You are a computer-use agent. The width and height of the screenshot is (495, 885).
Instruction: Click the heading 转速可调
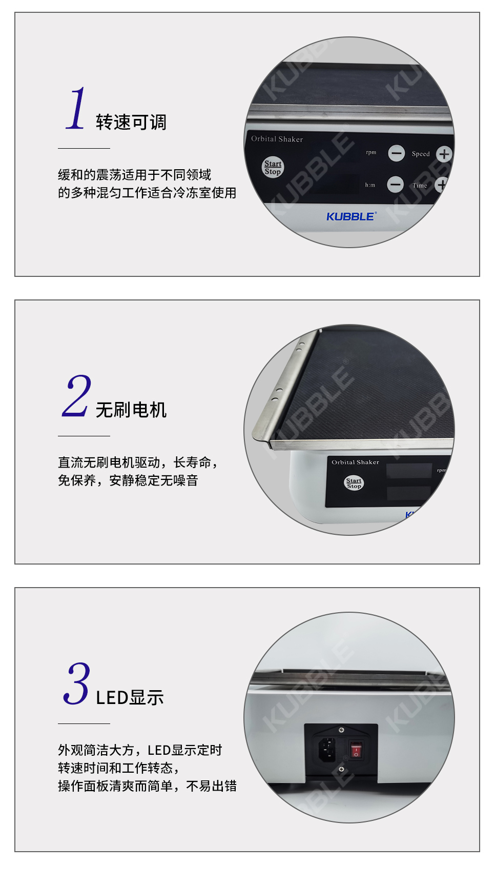[131, 122]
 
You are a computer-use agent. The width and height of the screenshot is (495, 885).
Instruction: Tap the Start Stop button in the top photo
[273, 167]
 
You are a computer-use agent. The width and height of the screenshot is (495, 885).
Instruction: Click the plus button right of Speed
[444, 154]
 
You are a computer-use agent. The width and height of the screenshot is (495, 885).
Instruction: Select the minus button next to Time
[395, 184]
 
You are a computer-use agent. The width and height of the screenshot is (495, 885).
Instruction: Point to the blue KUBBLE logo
[352, 216]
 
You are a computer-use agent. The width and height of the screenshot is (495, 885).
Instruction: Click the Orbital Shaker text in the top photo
[277, 139]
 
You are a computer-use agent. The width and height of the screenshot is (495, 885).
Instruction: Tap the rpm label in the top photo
[371, 152]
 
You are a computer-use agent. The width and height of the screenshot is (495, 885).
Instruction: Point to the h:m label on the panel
[370, 185]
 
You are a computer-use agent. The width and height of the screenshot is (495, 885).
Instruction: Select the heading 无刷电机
[131, 410]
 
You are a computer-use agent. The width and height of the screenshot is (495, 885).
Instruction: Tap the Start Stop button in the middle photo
[354, 483]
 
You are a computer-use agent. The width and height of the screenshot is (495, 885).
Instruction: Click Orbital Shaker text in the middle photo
[355, 462]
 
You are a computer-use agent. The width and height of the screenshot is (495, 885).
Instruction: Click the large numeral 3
[77, 683]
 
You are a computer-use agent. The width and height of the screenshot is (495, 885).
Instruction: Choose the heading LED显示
[130, 697]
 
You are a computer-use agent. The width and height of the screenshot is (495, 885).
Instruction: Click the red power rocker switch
[356, 750]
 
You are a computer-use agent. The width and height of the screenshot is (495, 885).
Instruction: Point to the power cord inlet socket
[327, 750]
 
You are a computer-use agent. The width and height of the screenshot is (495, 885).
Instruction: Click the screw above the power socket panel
[341, 729]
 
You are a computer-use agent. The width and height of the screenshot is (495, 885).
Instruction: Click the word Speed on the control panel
[421, 154]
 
